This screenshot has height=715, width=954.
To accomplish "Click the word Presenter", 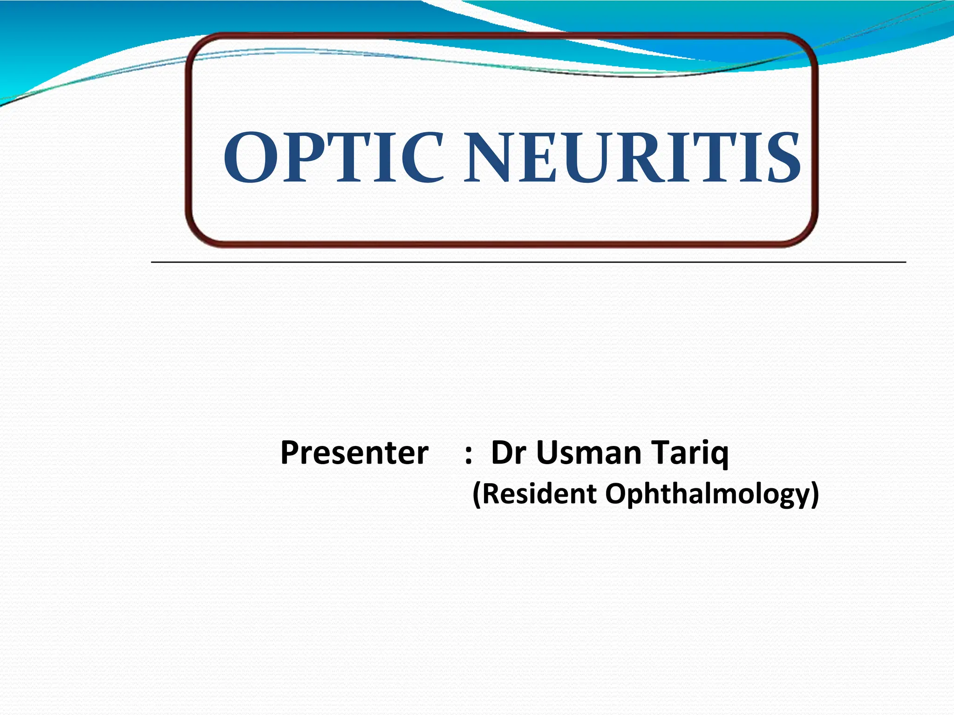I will tap(354, 453).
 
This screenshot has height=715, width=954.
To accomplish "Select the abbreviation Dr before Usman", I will tap(509, 453).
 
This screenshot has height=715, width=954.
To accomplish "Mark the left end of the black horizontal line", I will tap(152, 263).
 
